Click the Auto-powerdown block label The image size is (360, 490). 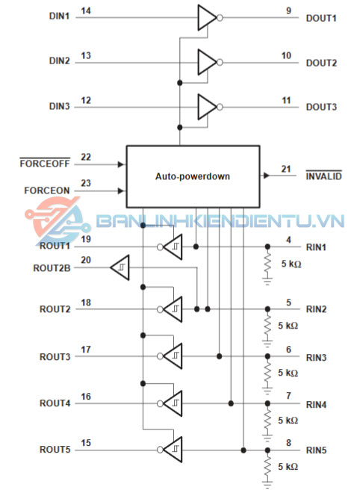(193, 176)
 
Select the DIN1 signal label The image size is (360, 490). (59, 16)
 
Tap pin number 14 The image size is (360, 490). (86, 11)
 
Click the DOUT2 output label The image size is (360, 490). (321, 63)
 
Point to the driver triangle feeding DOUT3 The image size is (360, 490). (207, 107)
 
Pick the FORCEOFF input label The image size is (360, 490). (45, 164)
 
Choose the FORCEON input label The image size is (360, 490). (47, 190)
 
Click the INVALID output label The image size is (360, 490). (323, 176)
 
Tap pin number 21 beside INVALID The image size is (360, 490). (286, 169)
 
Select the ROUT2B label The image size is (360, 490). (52, 268)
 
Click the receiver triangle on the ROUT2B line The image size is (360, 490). (120, 267)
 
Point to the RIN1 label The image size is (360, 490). (316, 247)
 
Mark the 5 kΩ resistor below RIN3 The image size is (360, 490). (267, 374)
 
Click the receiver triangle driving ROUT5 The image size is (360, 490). (173, 450)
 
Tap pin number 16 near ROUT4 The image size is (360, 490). (86, 397)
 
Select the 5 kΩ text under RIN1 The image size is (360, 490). (291, 264)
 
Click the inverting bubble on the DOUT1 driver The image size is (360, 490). (220, 18)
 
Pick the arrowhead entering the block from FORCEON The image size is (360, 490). (121, 190)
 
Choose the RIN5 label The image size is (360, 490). (316, 450)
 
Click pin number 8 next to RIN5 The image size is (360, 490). (289, 443)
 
